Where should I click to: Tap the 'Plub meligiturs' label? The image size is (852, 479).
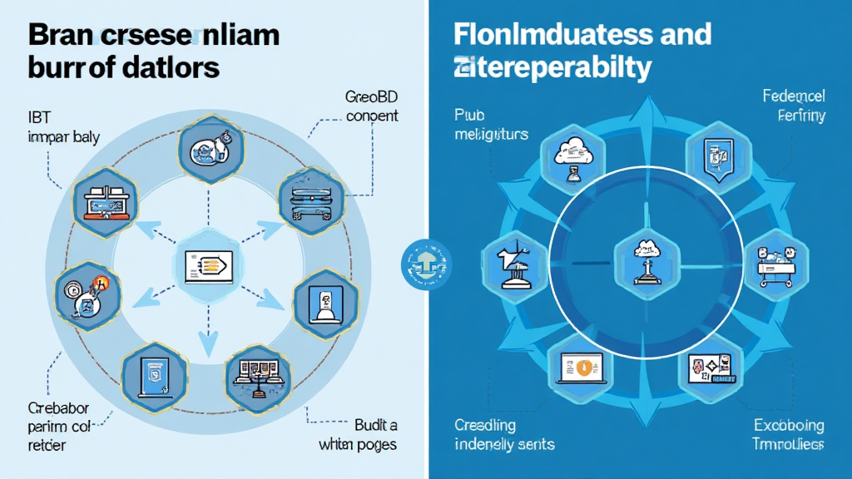pyautogui.click(x=491, y=125)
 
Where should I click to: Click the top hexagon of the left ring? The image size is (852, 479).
pyautogui.click(x=206, y=147)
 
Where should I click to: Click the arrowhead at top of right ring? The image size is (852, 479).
pyautogui.click(x=641, y=106)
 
